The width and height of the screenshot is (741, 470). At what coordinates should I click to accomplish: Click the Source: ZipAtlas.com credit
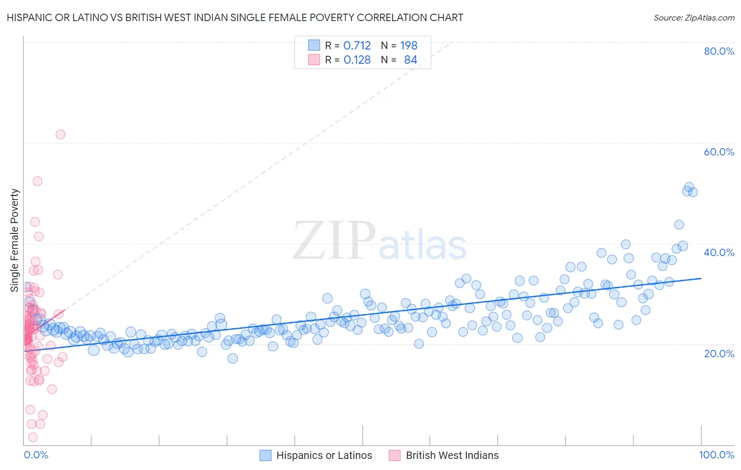pos(694,17)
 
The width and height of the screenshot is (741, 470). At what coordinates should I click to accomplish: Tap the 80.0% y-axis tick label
pos(719,51)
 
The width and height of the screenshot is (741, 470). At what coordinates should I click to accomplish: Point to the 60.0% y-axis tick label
pos(719,152)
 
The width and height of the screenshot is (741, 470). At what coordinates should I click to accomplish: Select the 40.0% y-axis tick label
pos(719,252)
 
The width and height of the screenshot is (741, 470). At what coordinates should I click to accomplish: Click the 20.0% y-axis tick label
pos(719,353)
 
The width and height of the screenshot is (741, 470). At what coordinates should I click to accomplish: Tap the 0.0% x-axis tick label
pos(36,455)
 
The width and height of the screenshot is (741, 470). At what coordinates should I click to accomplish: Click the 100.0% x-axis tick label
pos(716,455)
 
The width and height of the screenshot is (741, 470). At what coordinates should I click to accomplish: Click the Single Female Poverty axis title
pos(15,240)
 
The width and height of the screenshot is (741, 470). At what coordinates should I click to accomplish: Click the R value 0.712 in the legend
pos(357,46)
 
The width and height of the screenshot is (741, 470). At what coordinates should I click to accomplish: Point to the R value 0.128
pos(357,60)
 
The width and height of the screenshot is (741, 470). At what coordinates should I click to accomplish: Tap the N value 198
pos(408,46)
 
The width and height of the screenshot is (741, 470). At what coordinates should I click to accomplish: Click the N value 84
pos(411,60)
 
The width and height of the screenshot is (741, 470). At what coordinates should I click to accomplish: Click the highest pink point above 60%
pos(61,134)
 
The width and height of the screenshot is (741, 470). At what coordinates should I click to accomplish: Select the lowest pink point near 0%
pos(33,437)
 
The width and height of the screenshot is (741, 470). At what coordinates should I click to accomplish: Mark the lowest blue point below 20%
pos(232,358)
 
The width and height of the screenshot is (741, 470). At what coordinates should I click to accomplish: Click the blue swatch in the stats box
pos(314,45)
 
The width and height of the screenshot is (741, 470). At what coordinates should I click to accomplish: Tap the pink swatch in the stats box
pos(314,60)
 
